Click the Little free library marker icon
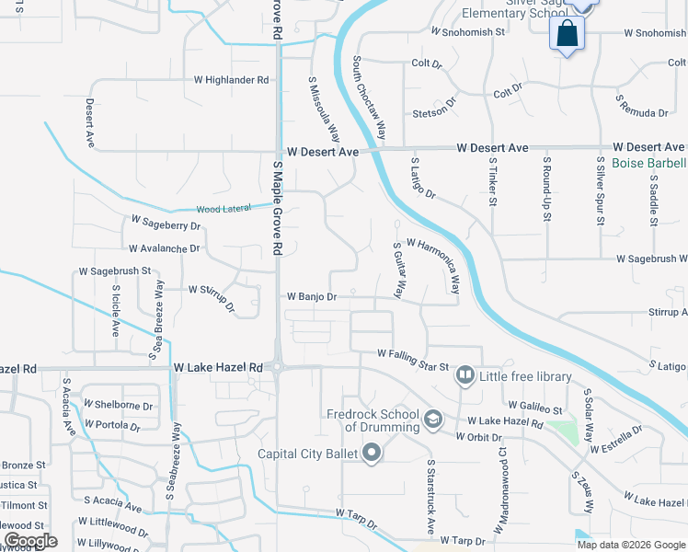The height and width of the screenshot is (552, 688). [x=465, y=375]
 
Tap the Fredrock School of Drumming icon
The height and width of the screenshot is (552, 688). [x=431, y=420]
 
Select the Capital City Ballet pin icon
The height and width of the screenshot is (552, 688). [x=372, y=452]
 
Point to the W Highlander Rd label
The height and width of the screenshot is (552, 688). [x=231, y=80]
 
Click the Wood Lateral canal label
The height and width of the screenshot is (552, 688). [x=224, y=209]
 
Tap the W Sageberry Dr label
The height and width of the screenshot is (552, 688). [x=166, y=223]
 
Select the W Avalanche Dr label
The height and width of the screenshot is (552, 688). [x=165, y=248]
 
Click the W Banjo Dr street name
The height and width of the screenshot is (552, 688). [x=313, y=297]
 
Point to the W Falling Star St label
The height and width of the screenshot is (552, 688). [x=413, y=355]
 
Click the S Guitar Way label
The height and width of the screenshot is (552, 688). [x=398, y=270]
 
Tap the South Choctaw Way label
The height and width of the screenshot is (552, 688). [x=369, y=97]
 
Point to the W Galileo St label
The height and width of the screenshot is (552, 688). [x=534, y=408]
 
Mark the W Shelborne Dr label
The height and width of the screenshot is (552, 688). [x=118, y=405]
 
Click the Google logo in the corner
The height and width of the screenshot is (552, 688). [x=29, y=541]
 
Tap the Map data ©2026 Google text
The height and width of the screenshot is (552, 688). [x=630, y=545]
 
